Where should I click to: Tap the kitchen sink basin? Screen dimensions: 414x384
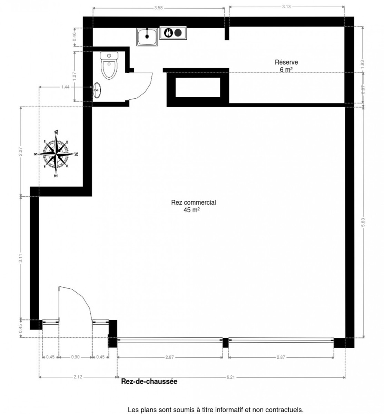click(x=147, y=36)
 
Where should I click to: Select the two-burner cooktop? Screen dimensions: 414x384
click(x=173, y=33)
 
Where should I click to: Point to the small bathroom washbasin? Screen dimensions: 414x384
click(x=97, y=90)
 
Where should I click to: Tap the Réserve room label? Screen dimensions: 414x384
click(x=286, y=62)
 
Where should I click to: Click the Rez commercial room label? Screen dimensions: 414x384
click(x=193, y=203)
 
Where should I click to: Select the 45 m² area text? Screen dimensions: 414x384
click(x=192, y=210)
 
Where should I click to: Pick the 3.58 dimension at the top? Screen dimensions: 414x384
click(x=158, y=8)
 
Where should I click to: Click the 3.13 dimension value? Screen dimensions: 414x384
click(x=287, y=6)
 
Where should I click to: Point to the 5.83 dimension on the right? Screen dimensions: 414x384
click(x=363, y=223)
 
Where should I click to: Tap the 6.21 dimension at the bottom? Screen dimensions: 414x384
click(x=230, y=377)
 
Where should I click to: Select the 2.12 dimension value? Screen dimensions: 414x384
click(x=78, y=377)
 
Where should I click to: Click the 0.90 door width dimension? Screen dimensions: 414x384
click(x=75, y=357)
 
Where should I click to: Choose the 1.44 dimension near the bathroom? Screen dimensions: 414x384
click(x=65, y=87)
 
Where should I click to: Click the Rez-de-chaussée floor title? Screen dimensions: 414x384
click(x=149, y=382)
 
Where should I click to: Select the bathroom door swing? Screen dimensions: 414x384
click(x=143, y=85)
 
